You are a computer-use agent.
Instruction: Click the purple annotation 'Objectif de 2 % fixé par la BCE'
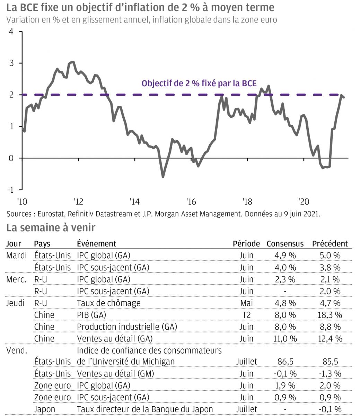[199, 84]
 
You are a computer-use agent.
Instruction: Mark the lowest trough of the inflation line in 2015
[163, 177]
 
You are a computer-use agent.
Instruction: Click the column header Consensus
[285, 244]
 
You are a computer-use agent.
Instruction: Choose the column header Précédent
[330, 244]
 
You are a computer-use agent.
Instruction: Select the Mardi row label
[16, 255]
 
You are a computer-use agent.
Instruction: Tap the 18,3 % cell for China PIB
[330, 315]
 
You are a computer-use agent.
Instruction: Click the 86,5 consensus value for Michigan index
[285, 362]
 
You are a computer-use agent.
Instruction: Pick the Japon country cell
[44, 409]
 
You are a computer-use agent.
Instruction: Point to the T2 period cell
[246, 315]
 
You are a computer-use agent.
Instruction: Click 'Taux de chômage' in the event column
[108, 303]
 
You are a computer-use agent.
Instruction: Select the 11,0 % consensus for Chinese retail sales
[285, 338]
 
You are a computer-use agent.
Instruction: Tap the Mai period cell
[246, 303]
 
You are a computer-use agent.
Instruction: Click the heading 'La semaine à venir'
[51, 228]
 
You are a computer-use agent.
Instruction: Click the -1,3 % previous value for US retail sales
[330, 374]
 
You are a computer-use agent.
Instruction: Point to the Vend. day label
[16, 350]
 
